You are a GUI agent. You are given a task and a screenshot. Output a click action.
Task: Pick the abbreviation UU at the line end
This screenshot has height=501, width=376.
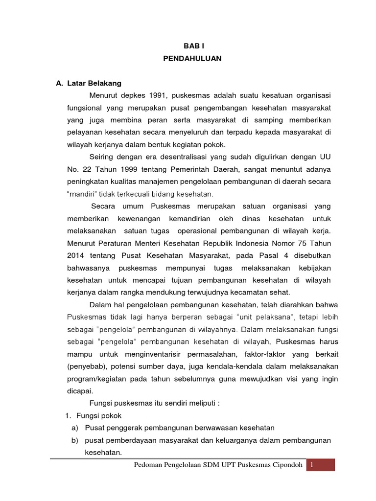click(325, 157)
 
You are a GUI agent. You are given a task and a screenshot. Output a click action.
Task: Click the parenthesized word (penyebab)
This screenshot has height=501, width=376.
click(87, 366)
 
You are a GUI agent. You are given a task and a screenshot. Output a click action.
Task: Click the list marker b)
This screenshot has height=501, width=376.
click(75, 440)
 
